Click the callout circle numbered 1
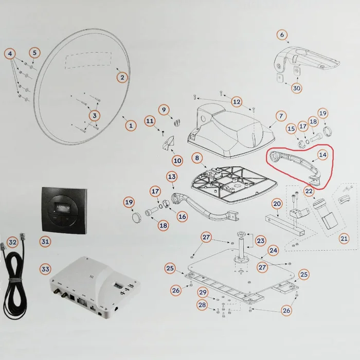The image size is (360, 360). (131, 125)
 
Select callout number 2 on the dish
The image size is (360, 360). (122, 78)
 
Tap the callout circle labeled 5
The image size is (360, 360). (34, 52)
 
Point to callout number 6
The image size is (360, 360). (281, 35)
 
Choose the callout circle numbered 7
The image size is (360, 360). (281, 116)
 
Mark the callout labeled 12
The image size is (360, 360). (236, 101)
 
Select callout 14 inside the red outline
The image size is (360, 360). (322, 155)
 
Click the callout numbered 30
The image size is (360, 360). (297, 88)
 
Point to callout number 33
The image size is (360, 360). (45, 269)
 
